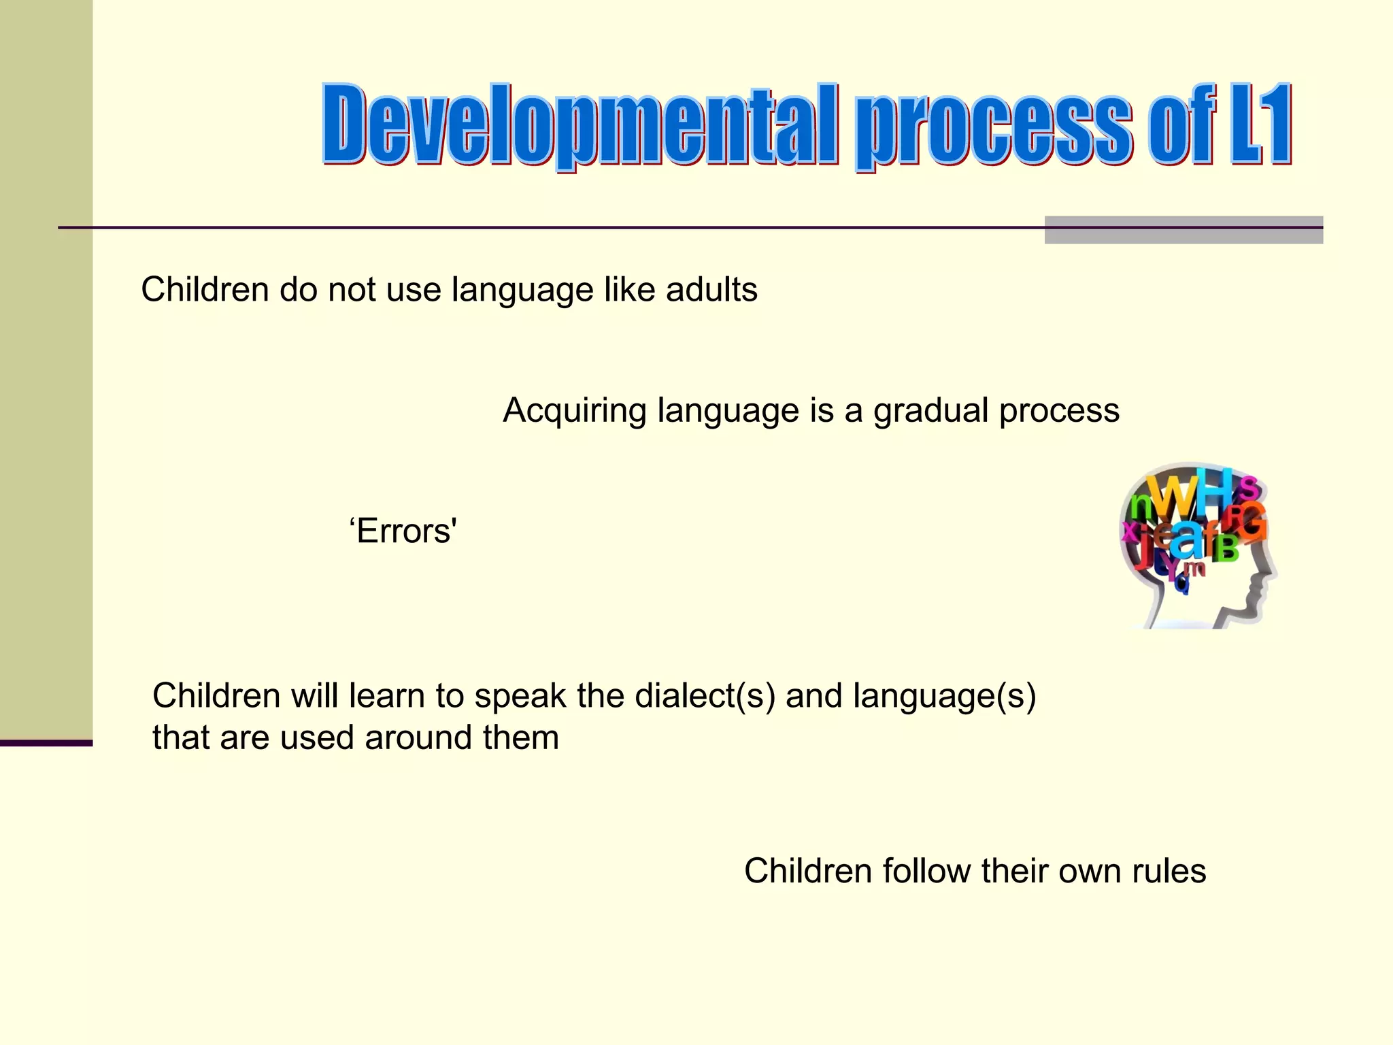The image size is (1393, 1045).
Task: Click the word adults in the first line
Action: pos(711,290)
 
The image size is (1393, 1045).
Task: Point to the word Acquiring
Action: pos(574,412)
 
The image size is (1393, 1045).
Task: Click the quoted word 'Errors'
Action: pos(403,531)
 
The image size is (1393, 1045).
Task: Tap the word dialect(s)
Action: pos(705,696)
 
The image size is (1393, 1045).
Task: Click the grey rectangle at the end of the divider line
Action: pos(1183,230)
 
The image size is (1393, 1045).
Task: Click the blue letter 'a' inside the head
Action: pos(1187,541)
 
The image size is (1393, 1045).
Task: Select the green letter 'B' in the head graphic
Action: pos(1225,548)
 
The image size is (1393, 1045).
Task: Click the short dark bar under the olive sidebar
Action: pos(46,743)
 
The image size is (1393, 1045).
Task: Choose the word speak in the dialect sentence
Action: pos(520,696)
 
